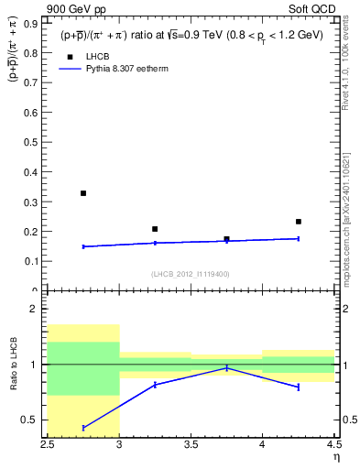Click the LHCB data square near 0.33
pyautogui.click(x=83, y=193)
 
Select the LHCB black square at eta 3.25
pyautogui.click(x=155, y=229)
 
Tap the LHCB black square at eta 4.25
pyautogui.click(x=298, y=222)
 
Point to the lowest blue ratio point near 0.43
pyautogui.click(x=83, y=428)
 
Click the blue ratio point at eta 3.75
pyautogui.click(x=226, y=368)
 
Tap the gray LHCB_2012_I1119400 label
pyautogui.click(x=190, y=274)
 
